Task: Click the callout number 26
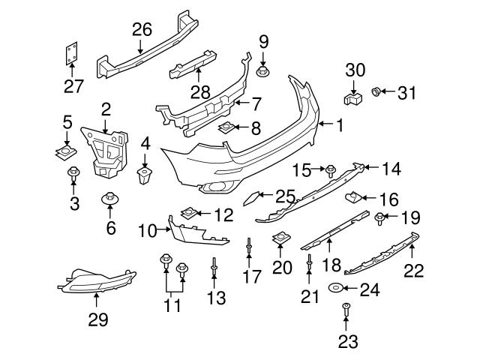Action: pyautogui.click(x=142, y=29)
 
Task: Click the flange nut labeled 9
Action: pyautogui.click(x=264, y=71)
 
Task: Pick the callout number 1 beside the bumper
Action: pyautogui.click(x=340, y=126)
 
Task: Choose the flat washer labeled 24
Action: pyautogui.click(x=335, y=288)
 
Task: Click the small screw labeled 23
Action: pyautogui.click(x=346, y=307)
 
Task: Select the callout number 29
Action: pyautogui.click(x=97, y=319)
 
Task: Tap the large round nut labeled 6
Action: pyautogui.click(x=111, y=201)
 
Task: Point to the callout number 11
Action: pyautogui.click(x=173, y=305)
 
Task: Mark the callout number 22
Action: pyautogui.click(x=414, y=270)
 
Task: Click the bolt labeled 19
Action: pyautogui.click(x=380, y=218)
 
